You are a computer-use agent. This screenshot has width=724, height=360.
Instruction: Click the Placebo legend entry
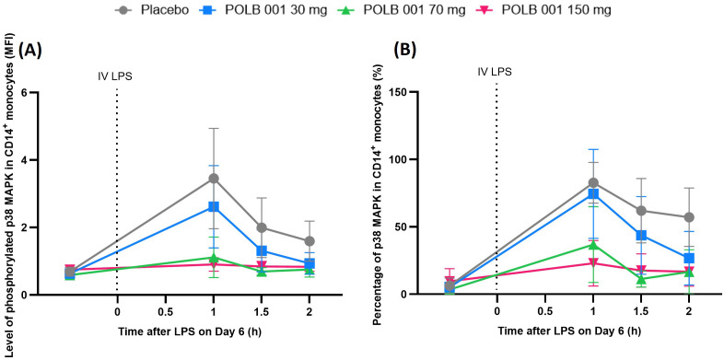click(x=151, y=10)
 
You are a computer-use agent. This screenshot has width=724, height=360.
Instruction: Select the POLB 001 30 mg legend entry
click(x=263, y=10)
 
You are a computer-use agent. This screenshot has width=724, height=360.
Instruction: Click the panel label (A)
click(x=30, y=50)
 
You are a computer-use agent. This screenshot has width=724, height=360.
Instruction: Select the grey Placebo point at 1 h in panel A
click(x=214, y=178)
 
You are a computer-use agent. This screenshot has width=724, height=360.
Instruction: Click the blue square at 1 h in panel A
click(x=214, y=206)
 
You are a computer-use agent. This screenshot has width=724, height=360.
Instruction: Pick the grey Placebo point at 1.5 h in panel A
click(x=262, y=227)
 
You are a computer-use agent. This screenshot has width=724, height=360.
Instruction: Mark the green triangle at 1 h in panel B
click(x=592, y=244)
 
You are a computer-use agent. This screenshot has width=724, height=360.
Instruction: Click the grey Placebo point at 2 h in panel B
click(x=688, y=217)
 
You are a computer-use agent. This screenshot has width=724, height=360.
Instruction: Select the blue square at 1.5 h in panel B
click(x=640, y=236)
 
